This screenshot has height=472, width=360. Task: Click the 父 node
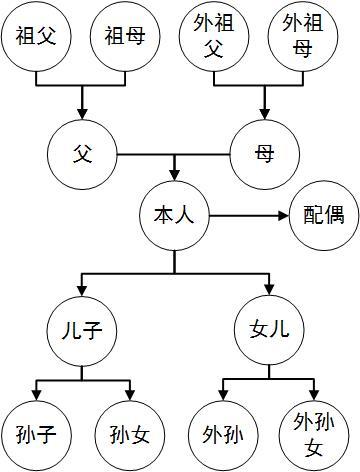point(83,155)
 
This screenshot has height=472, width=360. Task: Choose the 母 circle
point(264,155)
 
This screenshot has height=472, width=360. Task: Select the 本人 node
point(174,214)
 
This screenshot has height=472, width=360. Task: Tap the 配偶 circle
point(323,214)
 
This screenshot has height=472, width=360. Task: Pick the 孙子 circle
point(35,434)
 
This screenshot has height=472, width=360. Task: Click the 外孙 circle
point(221,434)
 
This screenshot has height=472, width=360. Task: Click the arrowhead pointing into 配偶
point(282,214)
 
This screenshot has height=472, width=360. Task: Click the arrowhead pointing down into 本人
point(174,174)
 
